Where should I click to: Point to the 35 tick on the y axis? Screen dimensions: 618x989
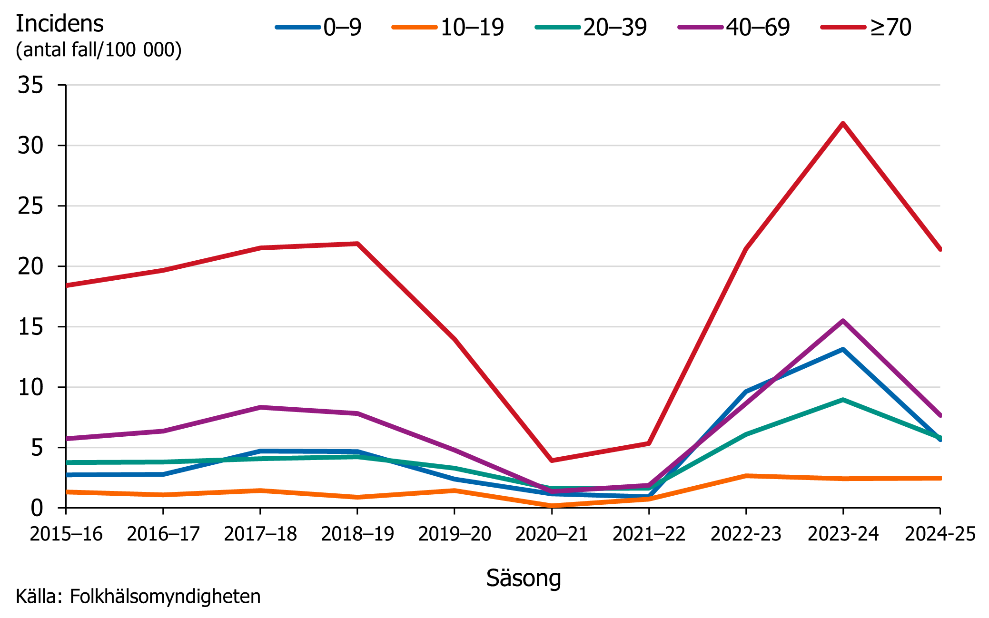click(30, 85)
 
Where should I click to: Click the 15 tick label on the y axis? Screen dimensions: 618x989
click(30, 327)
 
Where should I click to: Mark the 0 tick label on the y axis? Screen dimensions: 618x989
click(37, 508)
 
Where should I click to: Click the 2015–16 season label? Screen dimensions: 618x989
click(66, 534)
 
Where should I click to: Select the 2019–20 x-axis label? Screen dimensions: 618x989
click(455, 534)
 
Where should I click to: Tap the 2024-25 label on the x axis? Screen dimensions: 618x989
click(940, 534)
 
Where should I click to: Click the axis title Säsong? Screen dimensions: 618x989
click(524, 578)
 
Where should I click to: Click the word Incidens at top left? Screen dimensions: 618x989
click(59, 24)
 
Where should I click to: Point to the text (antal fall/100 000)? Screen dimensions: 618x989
click(99, 49)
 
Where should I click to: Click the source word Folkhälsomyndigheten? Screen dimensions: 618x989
click(165, 597)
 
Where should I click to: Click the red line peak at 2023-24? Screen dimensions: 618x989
click(843, 124)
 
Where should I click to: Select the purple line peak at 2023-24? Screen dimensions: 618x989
click(843, 321)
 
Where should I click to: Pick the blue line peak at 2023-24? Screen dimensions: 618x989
click(843, 350)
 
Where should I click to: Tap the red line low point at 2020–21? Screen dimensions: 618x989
click(552, 460)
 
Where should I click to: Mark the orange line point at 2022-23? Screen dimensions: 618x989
click(746, 476)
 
